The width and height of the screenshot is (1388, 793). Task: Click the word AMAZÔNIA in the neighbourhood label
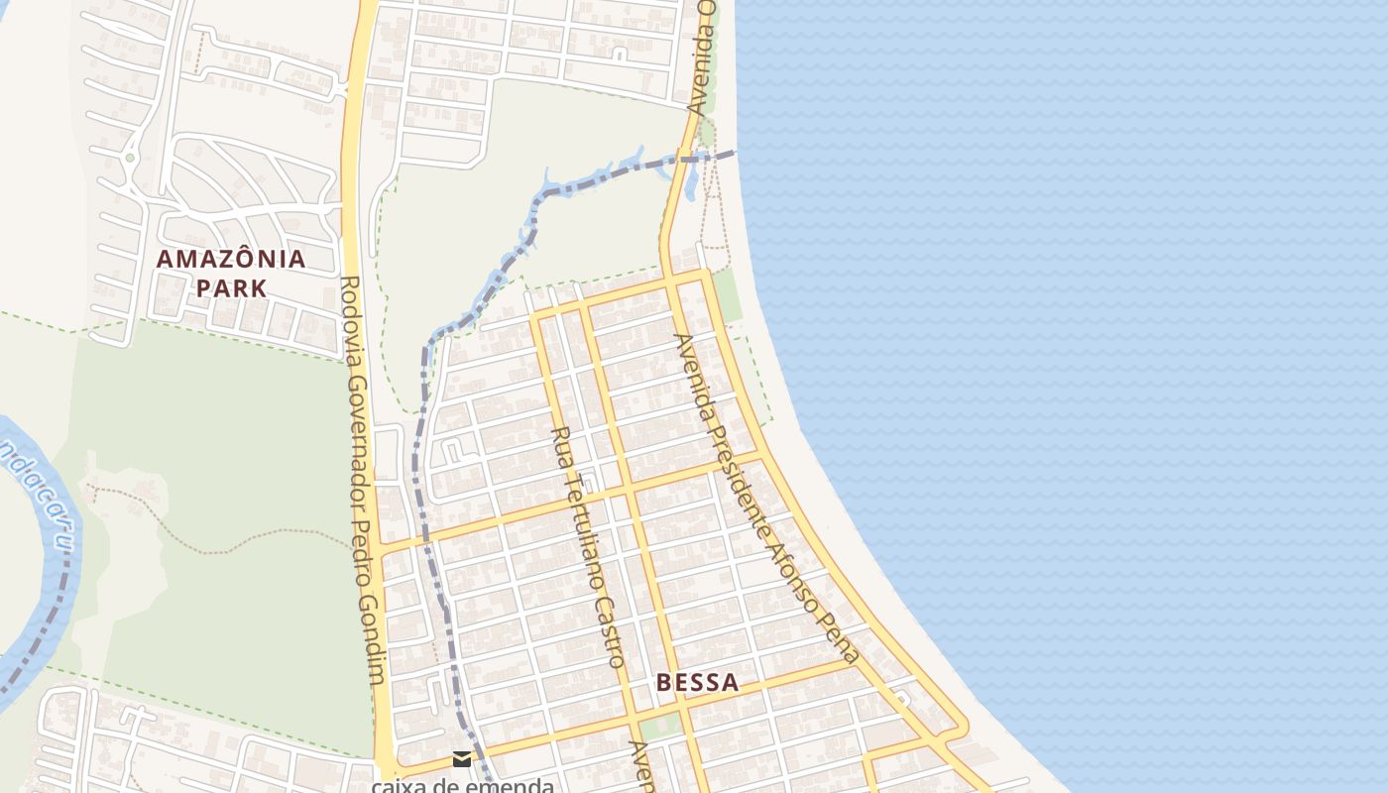[x=231, y=260]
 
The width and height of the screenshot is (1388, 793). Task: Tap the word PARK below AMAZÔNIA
[x=231, y=288]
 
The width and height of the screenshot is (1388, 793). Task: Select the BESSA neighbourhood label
[x=697, y=682]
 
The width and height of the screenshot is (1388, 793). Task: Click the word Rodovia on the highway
[x=349, y=311]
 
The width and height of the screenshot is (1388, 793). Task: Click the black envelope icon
[x=462, y=759]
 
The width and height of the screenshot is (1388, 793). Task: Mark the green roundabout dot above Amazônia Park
[x=129, y=157]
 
